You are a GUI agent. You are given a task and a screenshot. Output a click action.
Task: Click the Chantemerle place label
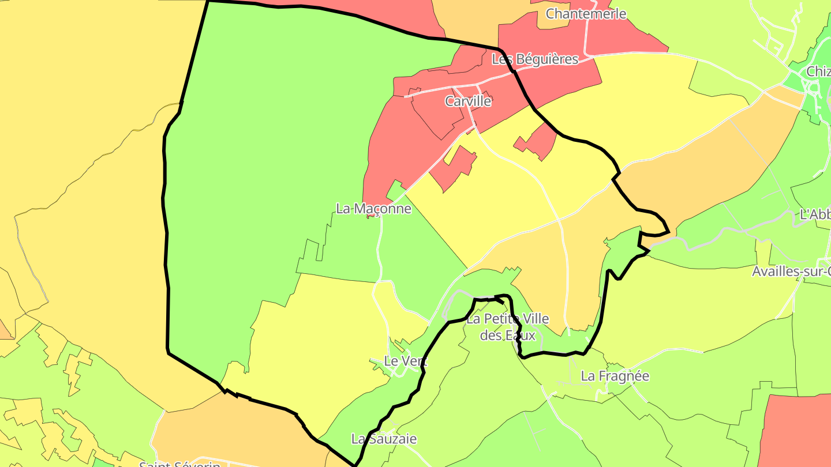tap(586, 14)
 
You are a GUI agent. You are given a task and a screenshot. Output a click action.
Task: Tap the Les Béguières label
tap(534, 59)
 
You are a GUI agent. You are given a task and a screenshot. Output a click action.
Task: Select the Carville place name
tap(468, 101)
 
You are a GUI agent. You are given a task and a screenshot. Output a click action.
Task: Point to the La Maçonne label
tap(373, 209)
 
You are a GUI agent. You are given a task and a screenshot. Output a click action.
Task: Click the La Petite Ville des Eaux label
tap(508, 327)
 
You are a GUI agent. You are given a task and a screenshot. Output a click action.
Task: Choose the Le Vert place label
tap(406, 361)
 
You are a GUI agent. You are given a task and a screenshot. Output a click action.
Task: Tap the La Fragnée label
tap(615, 376)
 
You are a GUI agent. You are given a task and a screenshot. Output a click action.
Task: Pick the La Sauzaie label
tap(384, 439)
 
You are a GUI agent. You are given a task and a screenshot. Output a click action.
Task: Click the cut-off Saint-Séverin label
tap(179, 463)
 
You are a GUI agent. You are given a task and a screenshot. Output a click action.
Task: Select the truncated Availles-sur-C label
tap(791, 272)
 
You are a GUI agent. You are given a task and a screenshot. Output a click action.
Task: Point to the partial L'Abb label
tap(815, 214)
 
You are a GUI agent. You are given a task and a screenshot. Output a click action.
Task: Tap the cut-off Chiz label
tap(818, 72)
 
